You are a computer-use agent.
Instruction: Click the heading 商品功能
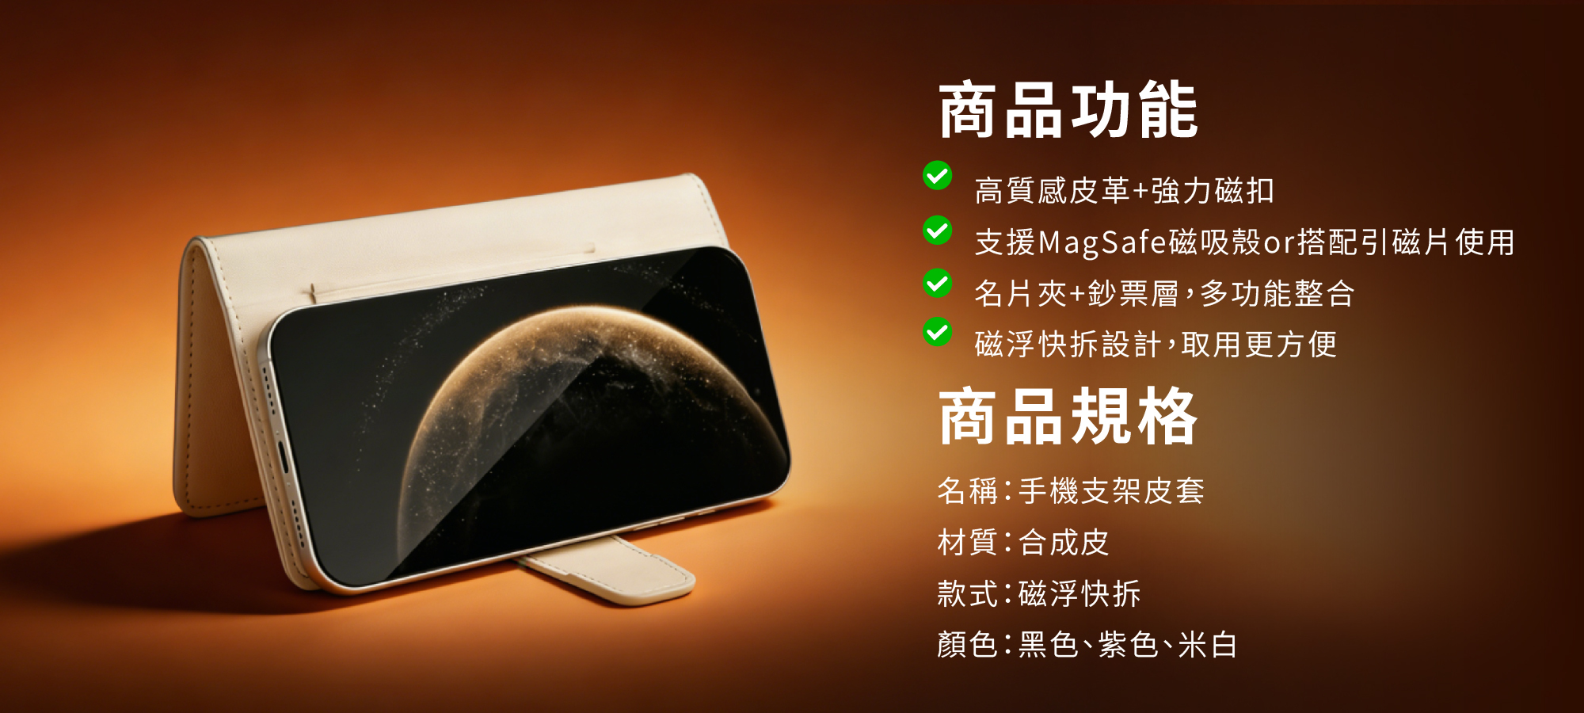pyautogui.click(x=1068, y=110)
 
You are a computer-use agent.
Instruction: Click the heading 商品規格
pyautogui.click(x=1068, y=417)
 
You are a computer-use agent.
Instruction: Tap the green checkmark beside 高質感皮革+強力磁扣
pyautogui.click(x=938, y=176)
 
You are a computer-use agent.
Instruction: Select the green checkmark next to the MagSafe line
pyautogui.click(x=938, y=231)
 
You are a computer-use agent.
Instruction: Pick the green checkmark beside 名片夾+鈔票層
pyautogui.click(x=938, y=283)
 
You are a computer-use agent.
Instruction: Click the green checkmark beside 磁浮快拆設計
pyautogui.click(x=938, y=333)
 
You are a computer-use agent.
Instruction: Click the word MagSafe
pyautogui.click(x=1102, y=242)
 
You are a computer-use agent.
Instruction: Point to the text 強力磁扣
pyautogui.click(x=1213, y=191)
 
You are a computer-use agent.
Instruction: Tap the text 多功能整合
pyautogui.click(x=1277, y=294)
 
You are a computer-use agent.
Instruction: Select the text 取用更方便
pyautogui.click(x=1259, y=345)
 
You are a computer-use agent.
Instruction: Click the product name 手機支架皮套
pyautogui.click(x=1111, y=491)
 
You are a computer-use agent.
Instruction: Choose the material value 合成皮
pyautogui.click(x=1064, y=543)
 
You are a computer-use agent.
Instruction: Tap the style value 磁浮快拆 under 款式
pyautogui.click(x=1079, y=594)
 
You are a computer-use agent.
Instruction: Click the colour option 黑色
pyautogui.click(x=1048, y=645)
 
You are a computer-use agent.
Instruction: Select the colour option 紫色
pyautogui.click(x=1128, y=645)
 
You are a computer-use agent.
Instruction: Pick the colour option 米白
pyautogui.click(x=1208, y=645)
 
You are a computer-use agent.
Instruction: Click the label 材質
pyautogui.click(x=967, y=543)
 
